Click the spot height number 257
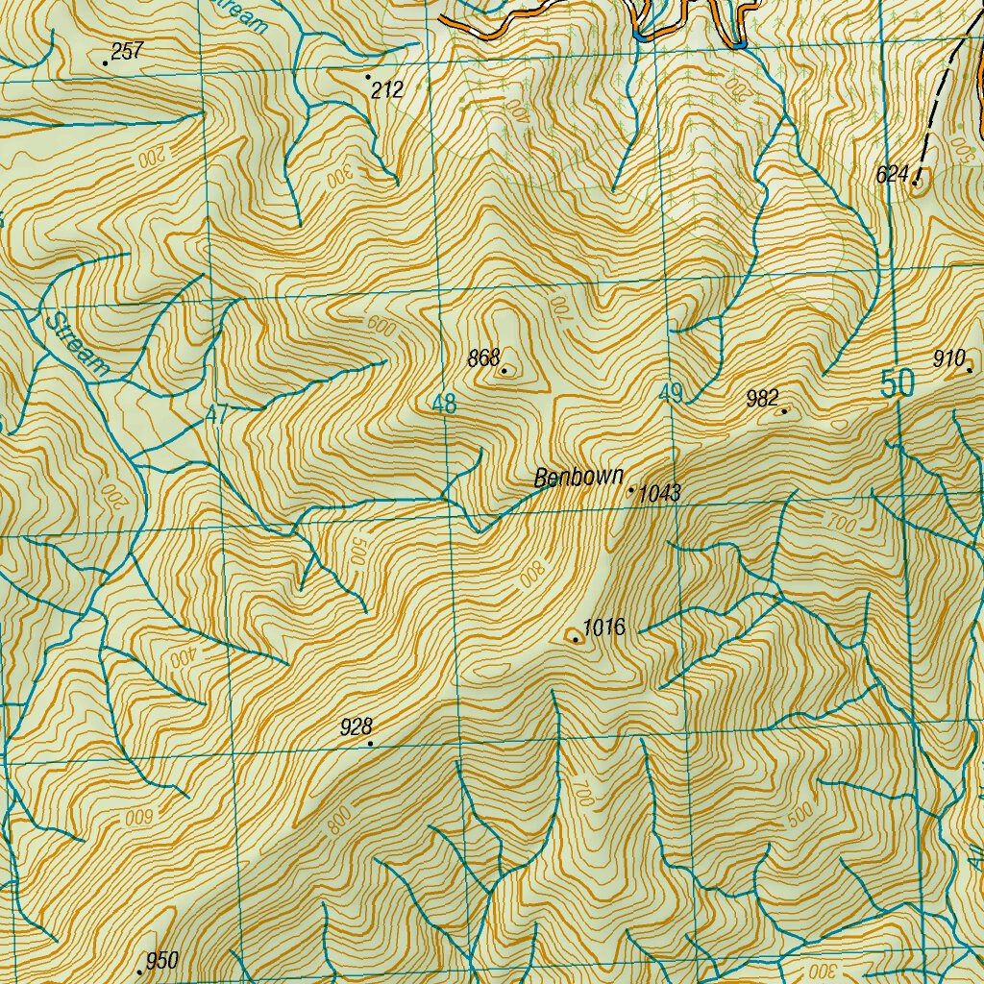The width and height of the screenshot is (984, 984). (126, 52)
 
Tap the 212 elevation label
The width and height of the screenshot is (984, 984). (387, 90)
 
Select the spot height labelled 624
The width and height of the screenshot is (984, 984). (893, 175)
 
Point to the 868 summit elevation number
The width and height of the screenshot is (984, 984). (482, 359)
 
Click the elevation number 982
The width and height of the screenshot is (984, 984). (762, 399)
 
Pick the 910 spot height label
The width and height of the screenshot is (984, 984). (948, 359)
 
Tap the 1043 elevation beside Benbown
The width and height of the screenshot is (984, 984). (659, 494)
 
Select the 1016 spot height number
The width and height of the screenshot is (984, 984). (604, 628)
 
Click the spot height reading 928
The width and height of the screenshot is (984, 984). (356, 727)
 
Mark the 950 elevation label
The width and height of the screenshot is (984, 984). (162, 961)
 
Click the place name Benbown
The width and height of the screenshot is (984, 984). (578, 477)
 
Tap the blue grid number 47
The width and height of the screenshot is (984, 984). (218, 415)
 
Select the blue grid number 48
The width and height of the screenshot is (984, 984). (444, 405)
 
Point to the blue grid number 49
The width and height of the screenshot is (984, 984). (671, 392)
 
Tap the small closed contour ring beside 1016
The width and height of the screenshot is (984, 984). (576, 635)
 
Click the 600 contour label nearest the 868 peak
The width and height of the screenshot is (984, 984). (381, 327)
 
